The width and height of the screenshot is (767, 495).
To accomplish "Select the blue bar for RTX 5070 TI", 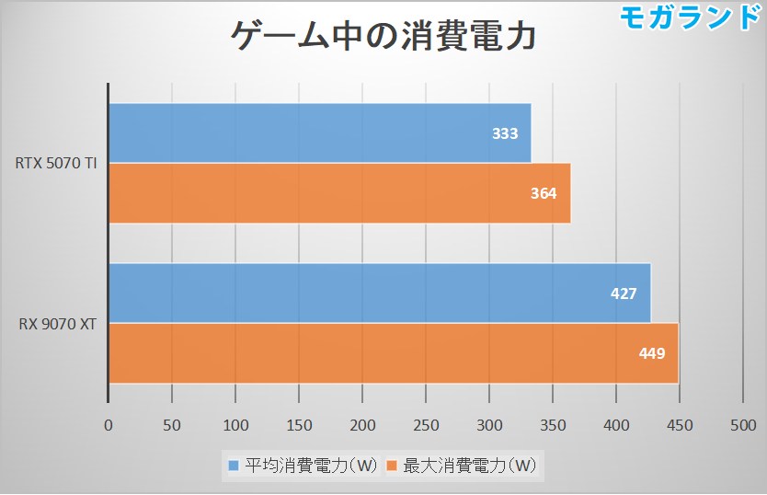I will [319, 132].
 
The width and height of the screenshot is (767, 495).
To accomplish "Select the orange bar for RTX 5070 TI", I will [339, 192].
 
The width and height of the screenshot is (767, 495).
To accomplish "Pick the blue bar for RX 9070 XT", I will [379, 293].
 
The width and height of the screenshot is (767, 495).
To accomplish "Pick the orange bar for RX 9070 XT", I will [393, 352].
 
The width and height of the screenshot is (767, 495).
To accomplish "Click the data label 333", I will [505, 133].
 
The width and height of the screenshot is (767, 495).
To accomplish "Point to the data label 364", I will [544, 193].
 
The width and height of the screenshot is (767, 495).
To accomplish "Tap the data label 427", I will [624, 294].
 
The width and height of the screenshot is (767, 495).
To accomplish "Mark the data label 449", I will [652, 353].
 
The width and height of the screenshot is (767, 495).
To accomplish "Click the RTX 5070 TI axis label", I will [56, 164].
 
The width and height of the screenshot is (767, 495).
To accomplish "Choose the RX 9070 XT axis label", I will [58, 323].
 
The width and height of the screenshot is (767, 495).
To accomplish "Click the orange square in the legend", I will [392, 466].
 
